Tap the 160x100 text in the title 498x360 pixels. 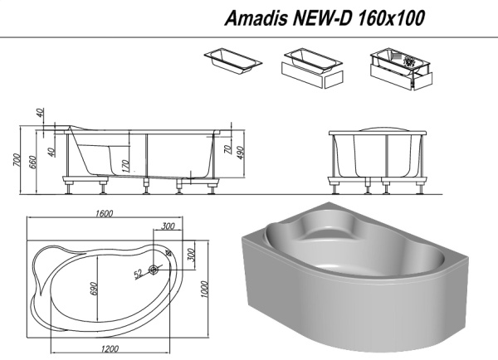tap(391, 17)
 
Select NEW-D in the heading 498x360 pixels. tap(323, 17)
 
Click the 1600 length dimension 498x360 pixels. tap(105, 213)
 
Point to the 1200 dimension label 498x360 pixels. tap(110, 349)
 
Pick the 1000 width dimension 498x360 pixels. tap(205, 289)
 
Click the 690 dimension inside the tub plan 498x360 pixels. tap(94, 289)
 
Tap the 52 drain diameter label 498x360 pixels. tap(139, 274)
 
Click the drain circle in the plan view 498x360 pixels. tap(154, 270)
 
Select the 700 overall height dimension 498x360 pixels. tap(17, 160)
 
